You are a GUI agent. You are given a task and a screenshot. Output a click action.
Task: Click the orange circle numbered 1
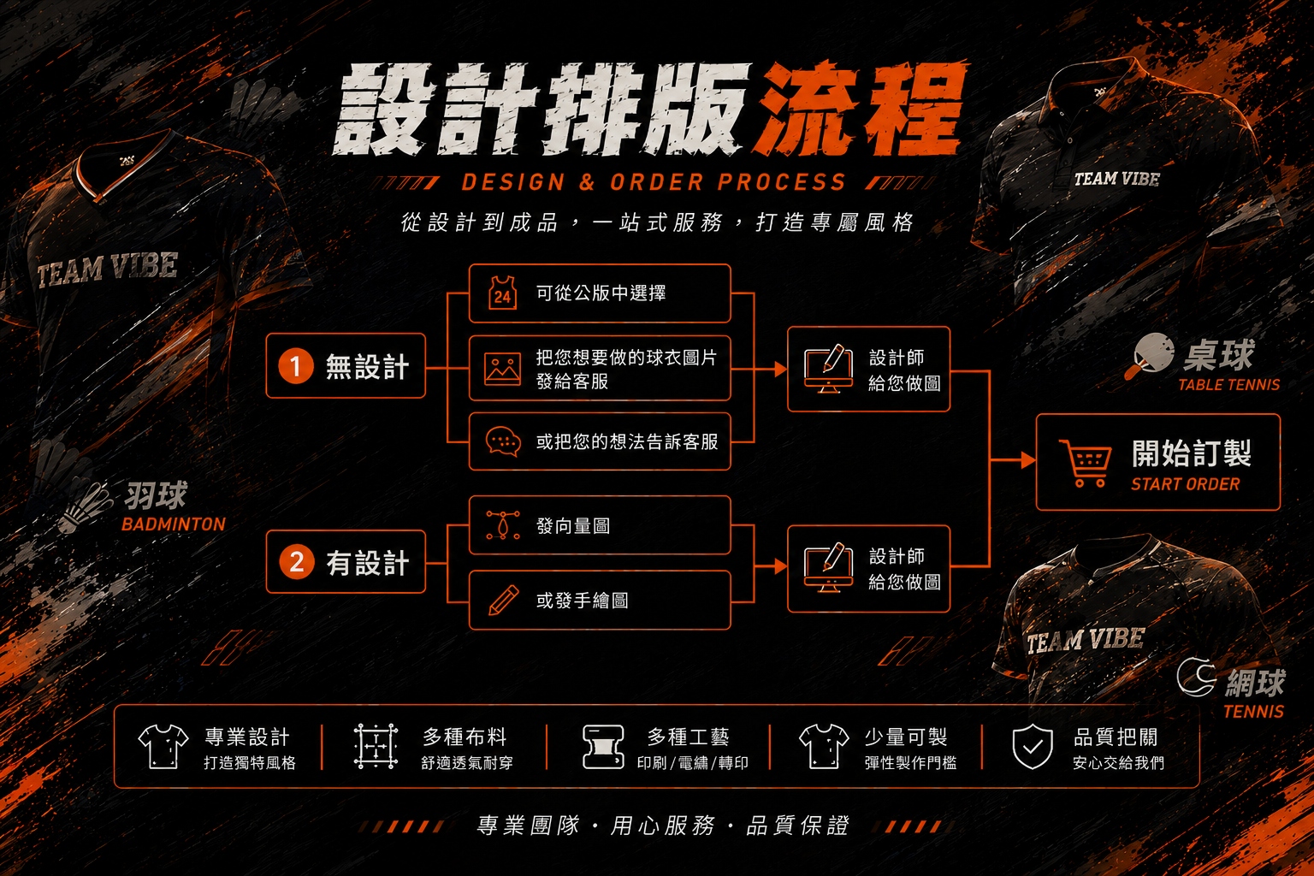[x=296, y=366]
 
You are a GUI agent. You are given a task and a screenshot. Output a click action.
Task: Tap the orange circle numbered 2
[x=296, y=561]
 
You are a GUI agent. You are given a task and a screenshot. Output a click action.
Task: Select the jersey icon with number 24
[x=503, y=293]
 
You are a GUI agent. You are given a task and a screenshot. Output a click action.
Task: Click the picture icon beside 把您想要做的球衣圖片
[x=503, y=369]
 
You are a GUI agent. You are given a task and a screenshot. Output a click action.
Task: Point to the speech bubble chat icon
[x=503, y=441]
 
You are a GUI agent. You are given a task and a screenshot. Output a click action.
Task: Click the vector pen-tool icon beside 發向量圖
[x=503, y=524]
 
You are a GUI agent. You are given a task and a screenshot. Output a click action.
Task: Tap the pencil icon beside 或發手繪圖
[x=503, y=600]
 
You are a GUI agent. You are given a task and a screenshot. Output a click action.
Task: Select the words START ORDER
[x=1185, y=484]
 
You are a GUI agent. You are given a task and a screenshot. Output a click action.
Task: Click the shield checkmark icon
[x=1033, y=746]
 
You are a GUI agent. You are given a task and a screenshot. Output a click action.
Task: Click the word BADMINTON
[x=174, y=524]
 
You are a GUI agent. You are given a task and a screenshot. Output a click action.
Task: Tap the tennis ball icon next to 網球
[x=1196, y=677]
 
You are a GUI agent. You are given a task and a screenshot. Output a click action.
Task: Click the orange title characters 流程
[x=861, y=110]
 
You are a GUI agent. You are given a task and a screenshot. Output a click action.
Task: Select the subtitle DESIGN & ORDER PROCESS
[x=654, y=182]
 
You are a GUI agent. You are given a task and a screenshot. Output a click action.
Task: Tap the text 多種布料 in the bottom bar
[x=465, y=737]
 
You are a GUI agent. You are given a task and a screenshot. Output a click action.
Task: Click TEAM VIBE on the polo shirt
[x=1117, y=179]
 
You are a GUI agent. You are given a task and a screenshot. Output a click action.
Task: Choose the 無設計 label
[x=367, y=367]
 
